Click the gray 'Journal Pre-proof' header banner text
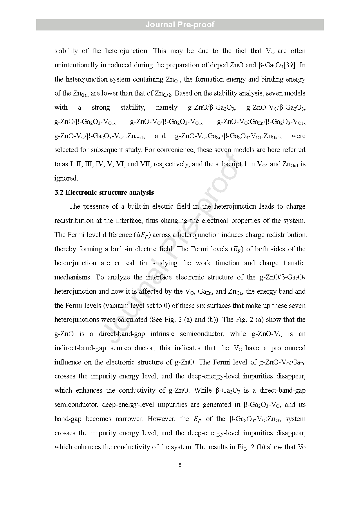(x=180, y=25)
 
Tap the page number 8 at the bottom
(x=180, y=465)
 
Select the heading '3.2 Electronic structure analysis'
(x=104, y=192)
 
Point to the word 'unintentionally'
(x=76, y=65)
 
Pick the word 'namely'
(x=167, y=107)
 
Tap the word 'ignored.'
(x=66, y=178)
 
